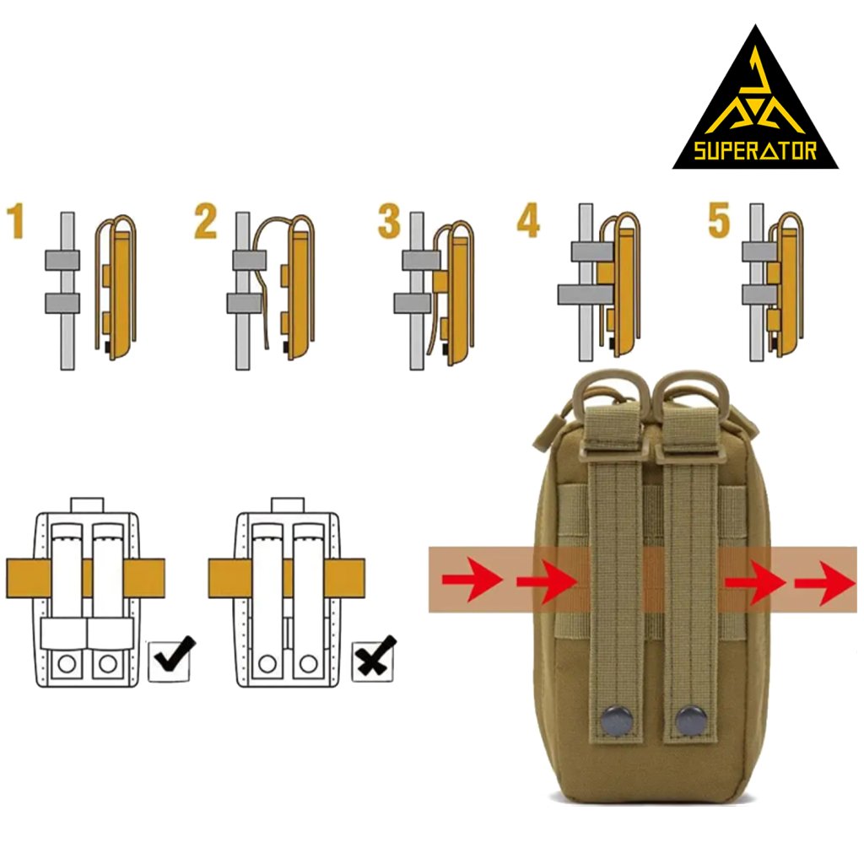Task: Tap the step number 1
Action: click(x=17, y=221)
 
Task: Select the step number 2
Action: click(x=206, y=221)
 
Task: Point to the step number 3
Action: click(x=389, y=221)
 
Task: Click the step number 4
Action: click(x=528, y=221)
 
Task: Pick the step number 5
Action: click(x=719, y=221)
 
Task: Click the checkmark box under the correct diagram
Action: click(x=171, y=659)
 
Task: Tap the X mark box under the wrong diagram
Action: click(x=374, y=659)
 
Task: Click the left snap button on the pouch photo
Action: click(x=618, y=722)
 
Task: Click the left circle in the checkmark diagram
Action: click(x=65, y=664)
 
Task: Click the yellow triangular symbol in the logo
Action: click(x=755, y=101)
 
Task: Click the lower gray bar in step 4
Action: click(x=585, y=294)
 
